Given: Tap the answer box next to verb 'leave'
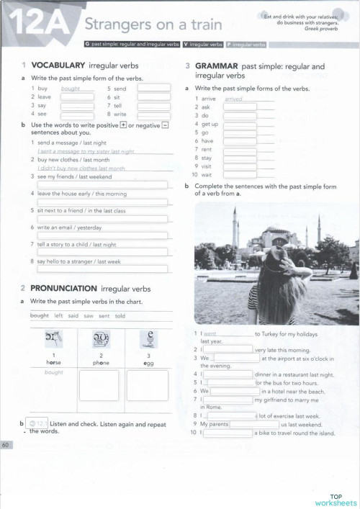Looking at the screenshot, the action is [78, 97].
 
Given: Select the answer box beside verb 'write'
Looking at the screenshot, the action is [154, 114].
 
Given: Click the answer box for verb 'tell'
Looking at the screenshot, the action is [154, 106].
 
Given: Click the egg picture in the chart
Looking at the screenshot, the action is [148, 339].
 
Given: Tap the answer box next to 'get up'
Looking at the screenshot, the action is [240, 124].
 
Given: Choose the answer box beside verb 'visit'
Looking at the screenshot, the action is [240, 166].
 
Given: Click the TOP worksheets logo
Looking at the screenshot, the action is [336, 500].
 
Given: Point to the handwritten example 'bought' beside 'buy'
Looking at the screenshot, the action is [71, 89].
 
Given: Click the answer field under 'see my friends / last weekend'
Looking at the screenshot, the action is [102, 185].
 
